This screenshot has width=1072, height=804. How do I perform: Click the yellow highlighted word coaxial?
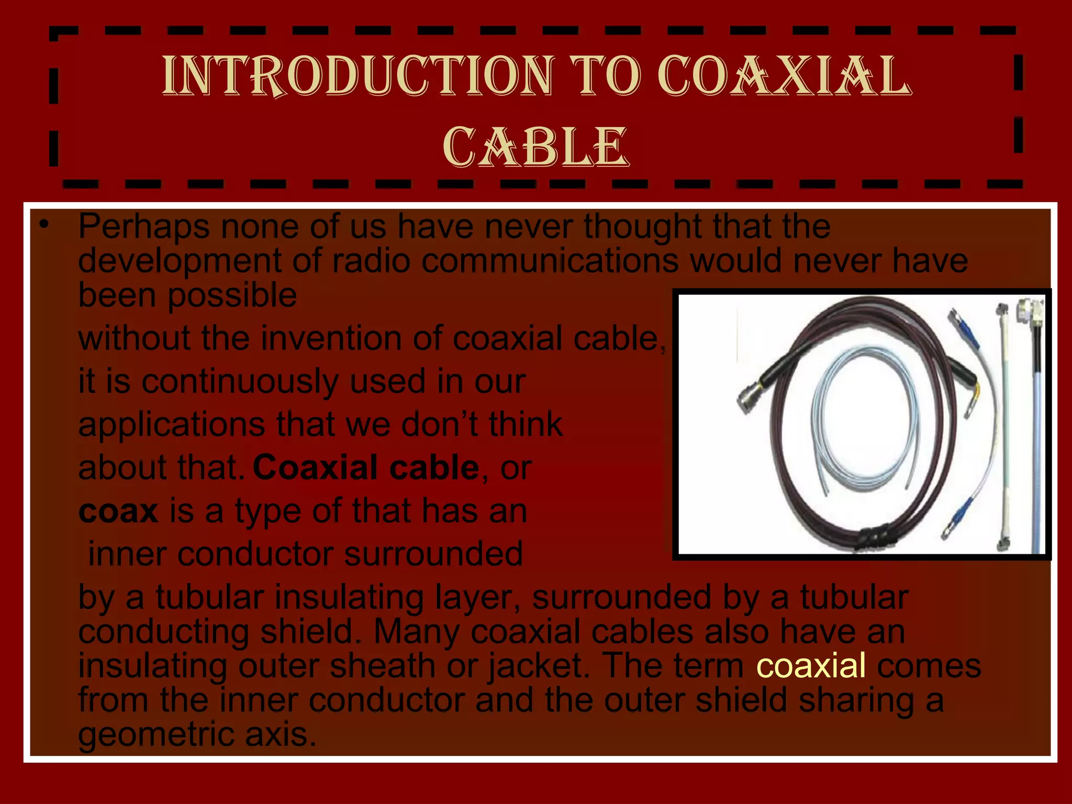coord(811,665)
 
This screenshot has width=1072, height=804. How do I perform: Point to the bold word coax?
coord(118,511)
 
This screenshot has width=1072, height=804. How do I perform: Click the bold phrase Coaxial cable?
coord(366,467)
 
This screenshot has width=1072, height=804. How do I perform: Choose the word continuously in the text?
coord(240,381)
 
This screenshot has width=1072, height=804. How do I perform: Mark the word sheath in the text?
coord(383,665)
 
